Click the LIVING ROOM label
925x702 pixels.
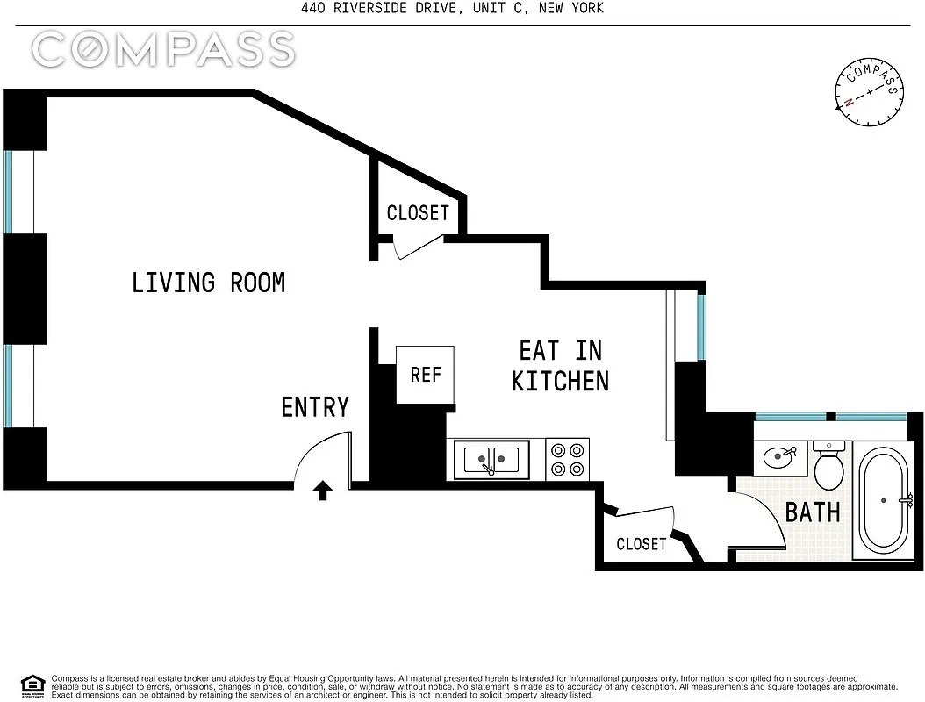tap(208, 283)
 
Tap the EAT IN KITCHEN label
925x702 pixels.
tap(561, 366)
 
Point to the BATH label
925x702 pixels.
tap(813, 512)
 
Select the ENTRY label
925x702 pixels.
tap(315, 407)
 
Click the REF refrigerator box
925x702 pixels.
tap(425, 375)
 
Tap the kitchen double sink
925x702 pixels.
tap(491, 460)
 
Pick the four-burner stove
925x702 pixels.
tap(568, 460)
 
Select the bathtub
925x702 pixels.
tap(883, 501)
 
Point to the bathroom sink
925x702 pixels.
tap(780, 457)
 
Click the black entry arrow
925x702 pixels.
tap(322, 491)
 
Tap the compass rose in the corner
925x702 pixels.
tap(869, 92)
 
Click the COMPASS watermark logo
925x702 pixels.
tap(163, 49)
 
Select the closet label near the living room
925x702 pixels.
tap(418, 212)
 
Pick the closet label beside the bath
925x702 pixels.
tap(642, 544)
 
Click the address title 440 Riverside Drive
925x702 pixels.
tap(453, 8)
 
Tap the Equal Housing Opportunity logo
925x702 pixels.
tap(33, 686)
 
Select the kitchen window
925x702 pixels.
tap(701, 326)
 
